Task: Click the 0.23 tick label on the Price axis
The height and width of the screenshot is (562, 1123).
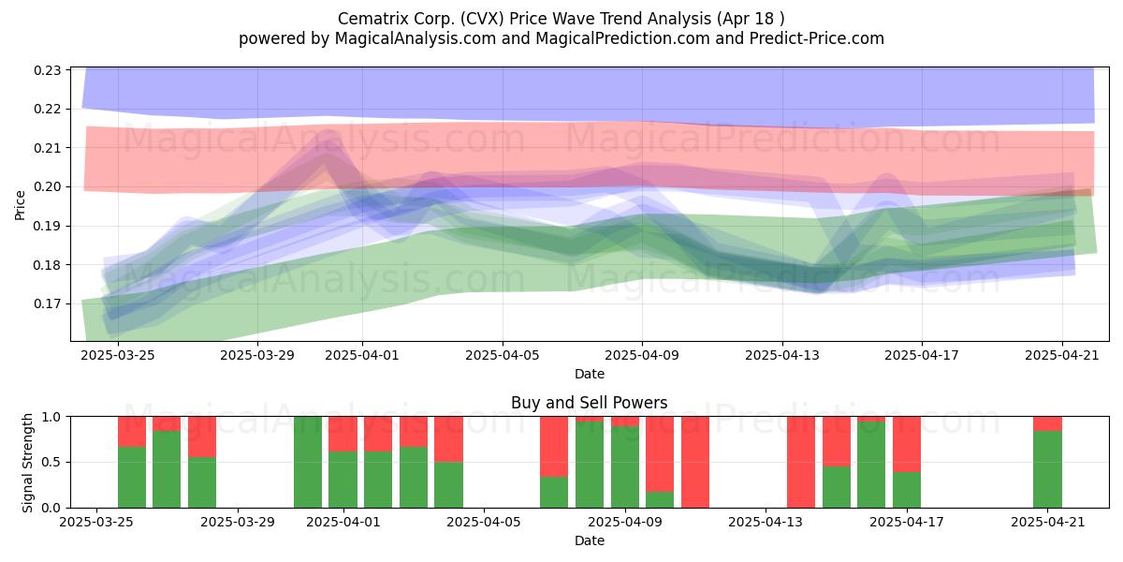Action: pyautogui.click(x=47, y=70)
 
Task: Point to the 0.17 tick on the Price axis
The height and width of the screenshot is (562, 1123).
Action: pyautogui.click(x=47, y=304)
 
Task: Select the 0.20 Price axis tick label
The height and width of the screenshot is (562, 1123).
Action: pyautogui.click(x=47, y=187)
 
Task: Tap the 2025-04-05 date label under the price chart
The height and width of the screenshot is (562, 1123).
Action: pyautogui.click(x=503, y=355)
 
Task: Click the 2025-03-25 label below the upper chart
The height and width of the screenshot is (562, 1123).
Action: pyautogui.click(x=118, y=355)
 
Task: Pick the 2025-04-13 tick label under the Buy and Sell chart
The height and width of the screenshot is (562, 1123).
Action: pyautogui.click(x=766, y=523)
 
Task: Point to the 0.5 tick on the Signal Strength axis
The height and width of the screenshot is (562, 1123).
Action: pyautogui.click(x=51, y=462)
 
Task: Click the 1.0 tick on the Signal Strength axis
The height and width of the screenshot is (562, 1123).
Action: pyautogui.click(x=51, y=417)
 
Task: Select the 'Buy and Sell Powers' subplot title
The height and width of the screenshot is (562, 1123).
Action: pyautogui.click(x=589, y=403)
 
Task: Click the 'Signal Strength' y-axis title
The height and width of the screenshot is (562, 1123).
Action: pyautogui.click(x=27, y=463)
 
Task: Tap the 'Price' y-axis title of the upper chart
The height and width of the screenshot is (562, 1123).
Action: pyautogui.click(x=20, y=205)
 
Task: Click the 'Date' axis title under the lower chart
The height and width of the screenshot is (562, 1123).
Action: pyautogui.click(x=589, y=541)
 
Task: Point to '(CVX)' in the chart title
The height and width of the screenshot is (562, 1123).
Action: pyautogui.click(x=482, y=19)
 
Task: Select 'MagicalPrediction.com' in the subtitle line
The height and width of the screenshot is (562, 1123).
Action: pyautogui.click(x=622, y=38)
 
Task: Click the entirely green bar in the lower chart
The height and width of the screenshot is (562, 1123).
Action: pyautogui.click(x=308, y=462)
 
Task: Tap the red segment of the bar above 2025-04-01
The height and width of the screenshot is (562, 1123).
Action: pyautogui.click(x=343, y=434)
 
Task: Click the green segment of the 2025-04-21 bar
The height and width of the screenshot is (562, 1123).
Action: pyautogui.click(x=1047, y=469)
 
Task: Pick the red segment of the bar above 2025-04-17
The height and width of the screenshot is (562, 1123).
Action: pyautogui.click(x=907, y=445)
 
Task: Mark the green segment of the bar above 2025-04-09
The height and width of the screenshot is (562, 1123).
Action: pyautogui.click(x=625, y=466)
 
